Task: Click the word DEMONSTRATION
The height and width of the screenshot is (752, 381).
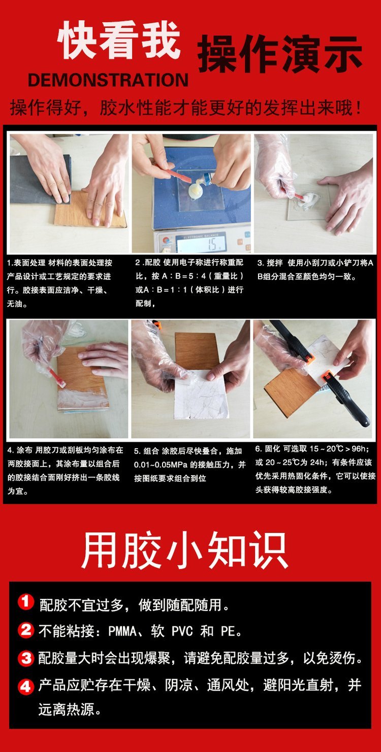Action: tap(108, 80)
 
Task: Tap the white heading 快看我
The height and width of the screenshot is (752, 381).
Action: tap(119, 40)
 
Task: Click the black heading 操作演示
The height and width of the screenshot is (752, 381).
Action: tap(280, 55)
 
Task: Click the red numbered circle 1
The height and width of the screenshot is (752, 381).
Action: tap(26, 601)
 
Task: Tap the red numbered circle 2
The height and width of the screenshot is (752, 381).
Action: tap(26, 630)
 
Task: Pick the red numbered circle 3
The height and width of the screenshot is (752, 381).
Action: tap(26, 658)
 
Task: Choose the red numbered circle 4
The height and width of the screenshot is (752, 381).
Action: tap(26, 687)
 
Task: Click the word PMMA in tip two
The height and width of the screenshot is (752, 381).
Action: tap(122, 631)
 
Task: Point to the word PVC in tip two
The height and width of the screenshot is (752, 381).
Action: tap(182, 631)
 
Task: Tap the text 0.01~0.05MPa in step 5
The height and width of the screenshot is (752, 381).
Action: tap(161, 465)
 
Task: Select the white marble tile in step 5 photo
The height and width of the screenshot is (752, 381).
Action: tap(201, 395)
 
